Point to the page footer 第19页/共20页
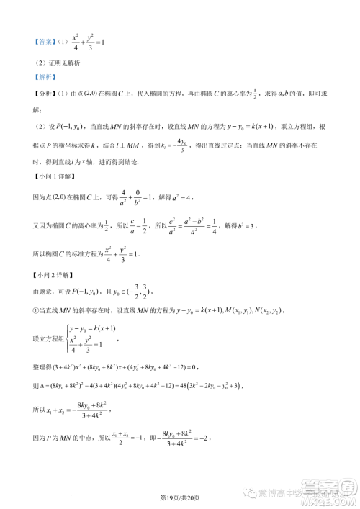179,495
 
